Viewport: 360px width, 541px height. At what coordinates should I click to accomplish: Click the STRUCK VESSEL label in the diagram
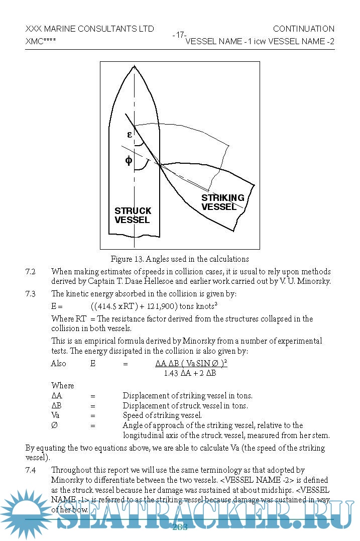[133, 215]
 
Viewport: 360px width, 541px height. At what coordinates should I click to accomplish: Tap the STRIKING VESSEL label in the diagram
[222, 202]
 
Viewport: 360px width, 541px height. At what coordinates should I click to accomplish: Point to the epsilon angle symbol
[130, 135]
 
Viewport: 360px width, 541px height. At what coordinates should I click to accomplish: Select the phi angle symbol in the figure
[129, 160]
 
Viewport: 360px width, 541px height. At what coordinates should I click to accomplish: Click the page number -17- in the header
[179, 35]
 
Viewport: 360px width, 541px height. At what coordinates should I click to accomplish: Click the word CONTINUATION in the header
[303, 29]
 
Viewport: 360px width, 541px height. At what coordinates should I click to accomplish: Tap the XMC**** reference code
[41, 41]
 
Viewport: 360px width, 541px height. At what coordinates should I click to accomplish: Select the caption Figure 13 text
[180, 259]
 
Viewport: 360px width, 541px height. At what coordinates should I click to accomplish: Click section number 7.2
[31, 272]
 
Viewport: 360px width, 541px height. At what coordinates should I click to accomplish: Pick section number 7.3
[31, 294]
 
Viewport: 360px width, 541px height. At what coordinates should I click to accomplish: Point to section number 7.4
[31, 470]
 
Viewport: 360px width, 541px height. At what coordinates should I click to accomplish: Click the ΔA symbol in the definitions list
[57, 396]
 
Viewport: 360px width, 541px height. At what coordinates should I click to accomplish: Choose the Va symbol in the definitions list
[56, 415]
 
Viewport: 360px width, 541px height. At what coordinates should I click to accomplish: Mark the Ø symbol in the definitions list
[54, 425]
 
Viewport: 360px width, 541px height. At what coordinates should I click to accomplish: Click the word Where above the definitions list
[62, 386]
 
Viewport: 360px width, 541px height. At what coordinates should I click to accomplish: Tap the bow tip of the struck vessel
[134, 65]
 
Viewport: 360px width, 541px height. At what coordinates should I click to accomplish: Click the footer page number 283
[180, 527]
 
